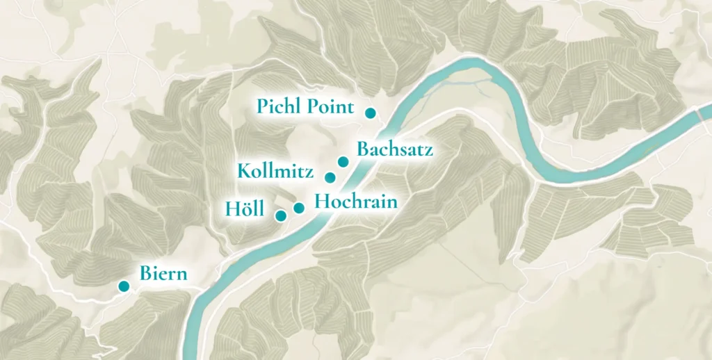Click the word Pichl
point(280,108)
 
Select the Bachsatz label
point(394,149)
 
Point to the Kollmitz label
point(275,171)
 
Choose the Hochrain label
point(356,202)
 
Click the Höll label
point(244,208)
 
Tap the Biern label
point(163,274)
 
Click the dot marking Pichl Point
point(371,113)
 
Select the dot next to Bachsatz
point(343,162)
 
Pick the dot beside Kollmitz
point(330,177)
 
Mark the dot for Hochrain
point(299,207)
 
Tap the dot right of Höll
point(281,215)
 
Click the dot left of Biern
point(124,286)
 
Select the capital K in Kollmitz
point(243,171)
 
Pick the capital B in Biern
point(145,274)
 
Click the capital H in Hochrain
point(322,202)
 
